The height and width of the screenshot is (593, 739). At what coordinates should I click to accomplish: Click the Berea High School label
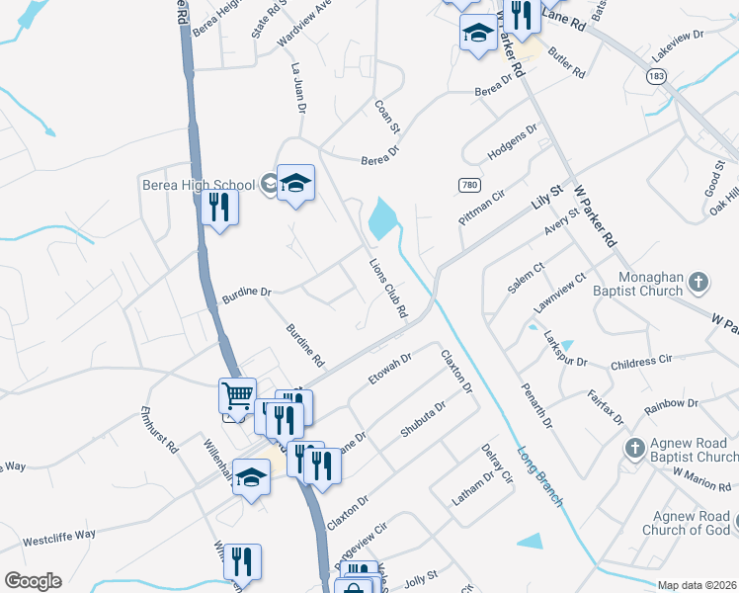(x=199, y=185)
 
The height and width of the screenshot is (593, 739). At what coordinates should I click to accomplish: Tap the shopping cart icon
(x=238, y=396)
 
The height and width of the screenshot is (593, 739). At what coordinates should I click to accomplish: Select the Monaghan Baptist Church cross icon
(x=698, y=282)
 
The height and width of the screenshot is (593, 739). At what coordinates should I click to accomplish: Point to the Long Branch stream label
(x=540, y=476)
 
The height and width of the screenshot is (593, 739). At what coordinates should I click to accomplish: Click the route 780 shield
(x=469, y=185)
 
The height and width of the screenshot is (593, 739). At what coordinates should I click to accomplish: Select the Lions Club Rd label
(x=388, y=289)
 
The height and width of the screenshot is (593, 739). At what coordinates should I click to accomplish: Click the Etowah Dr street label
(x=388, y=368)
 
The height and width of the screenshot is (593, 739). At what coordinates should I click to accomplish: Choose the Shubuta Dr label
(x=423, y=417)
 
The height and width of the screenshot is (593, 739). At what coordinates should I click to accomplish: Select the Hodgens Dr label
(x=511, y=143)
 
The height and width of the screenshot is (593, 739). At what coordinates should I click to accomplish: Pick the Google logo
(x=33, y=581)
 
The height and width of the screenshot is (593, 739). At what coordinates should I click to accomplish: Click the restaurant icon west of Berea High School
(x=218, y=208)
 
